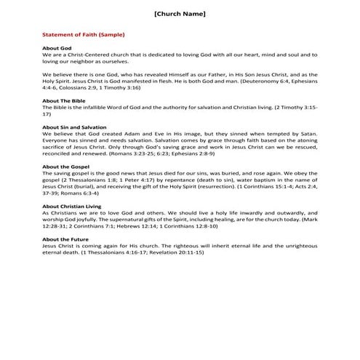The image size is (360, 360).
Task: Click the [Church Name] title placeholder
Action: tap(180, 15)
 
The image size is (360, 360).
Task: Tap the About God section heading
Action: tap(57, 48)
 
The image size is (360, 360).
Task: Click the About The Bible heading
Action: tap(66, 102)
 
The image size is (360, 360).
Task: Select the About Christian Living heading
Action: tap(73, 206)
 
